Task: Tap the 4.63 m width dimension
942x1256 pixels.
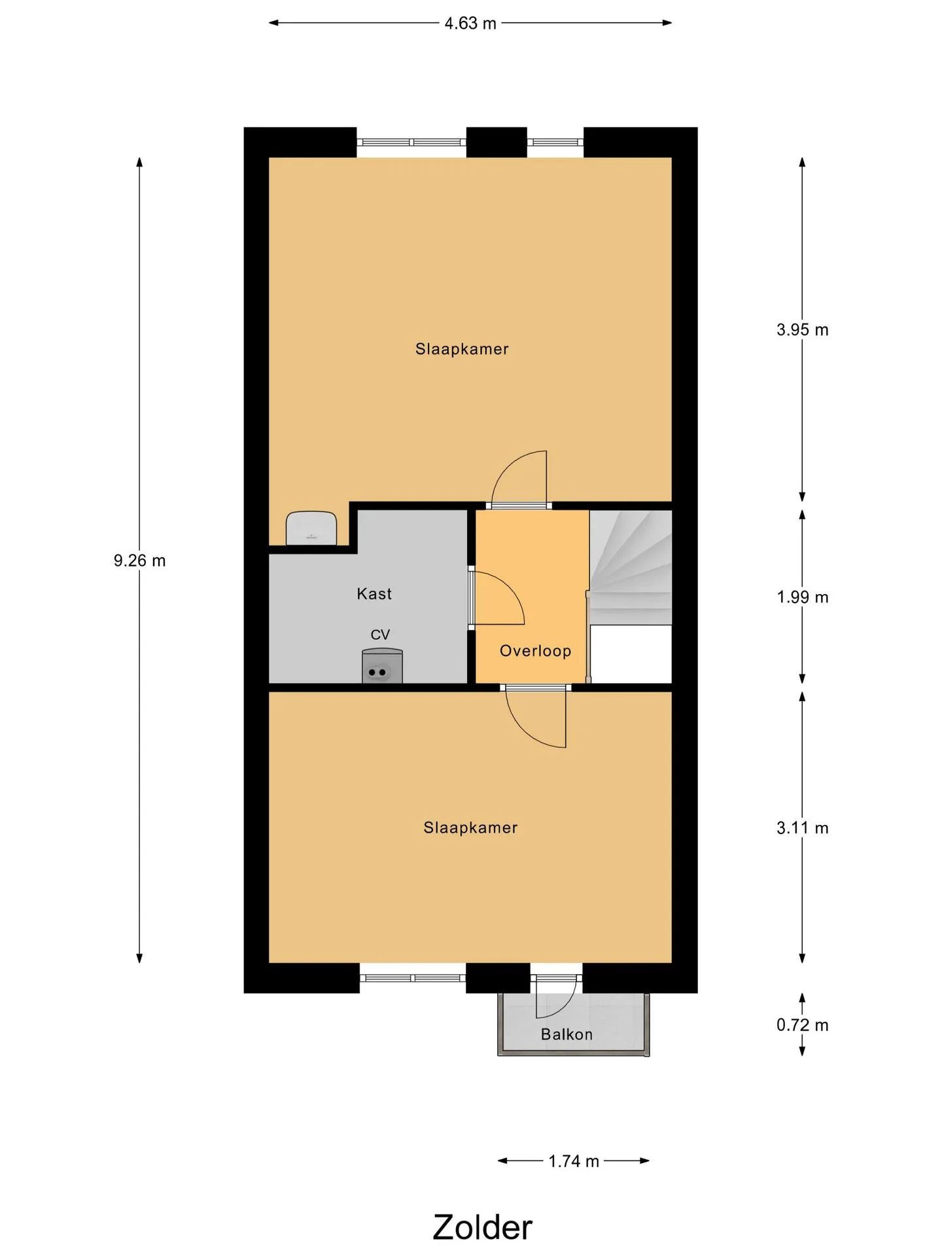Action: [470, 24]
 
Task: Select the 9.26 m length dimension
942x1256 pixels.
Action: [139, 561]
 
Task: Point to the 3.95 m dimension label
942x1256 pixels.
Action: [803, 330]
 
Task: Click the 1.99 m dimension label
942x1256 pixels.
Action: [803, 597]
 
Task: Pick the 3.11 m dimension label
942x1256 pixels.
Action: [803, 828]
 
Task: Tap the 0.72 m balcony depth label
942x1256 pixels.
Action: [803, 1025]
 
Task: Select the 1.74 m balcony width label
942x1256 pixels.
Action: [574, 1161]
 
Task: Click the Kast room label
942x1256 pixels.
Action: [374, 594]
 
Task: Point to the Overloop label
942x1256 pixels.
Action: [536, 651]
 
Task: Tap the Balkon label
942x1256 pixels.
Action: [567, 1034]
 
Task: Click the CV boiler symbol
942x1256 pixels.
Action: [382, 666]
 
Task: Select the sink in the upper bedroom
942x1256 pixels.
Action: [311, 528]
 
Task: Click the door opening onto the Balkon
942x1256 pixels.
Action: [556, 996]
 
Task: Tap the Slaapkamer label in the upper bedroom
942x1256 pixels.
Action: [462, 349]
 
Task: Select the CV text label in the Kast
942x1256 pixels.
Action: [380, 635]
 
